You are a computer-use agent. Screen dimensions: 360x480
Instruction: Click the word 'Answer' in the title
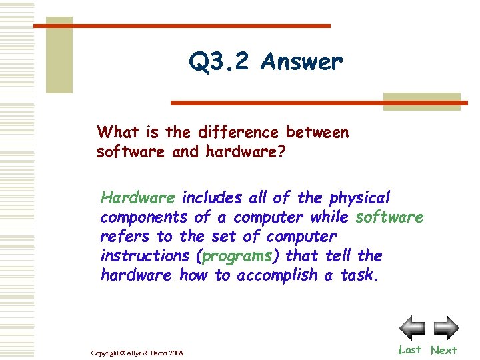pos(302,62)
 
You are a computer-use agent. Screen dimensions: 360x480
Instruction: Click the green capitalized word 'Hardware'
pos(138,198)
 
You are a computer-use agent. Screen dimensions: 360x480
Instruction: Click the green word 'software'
pos(390,217)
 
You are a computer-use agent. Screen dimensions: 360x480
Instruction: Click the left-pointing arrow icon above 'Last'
pos(412,327)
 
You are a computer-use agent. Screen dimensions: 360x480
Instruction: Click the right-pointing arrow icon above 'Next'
pos(446,327)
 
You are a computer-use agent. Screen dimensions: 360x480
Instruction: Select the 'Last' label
pos(409,349)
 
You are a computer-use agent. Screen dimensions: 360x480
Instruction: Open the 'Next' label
pos(444,350)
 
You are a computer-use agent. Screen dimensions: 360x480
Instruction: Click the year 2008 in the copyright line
pos(175,352)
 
